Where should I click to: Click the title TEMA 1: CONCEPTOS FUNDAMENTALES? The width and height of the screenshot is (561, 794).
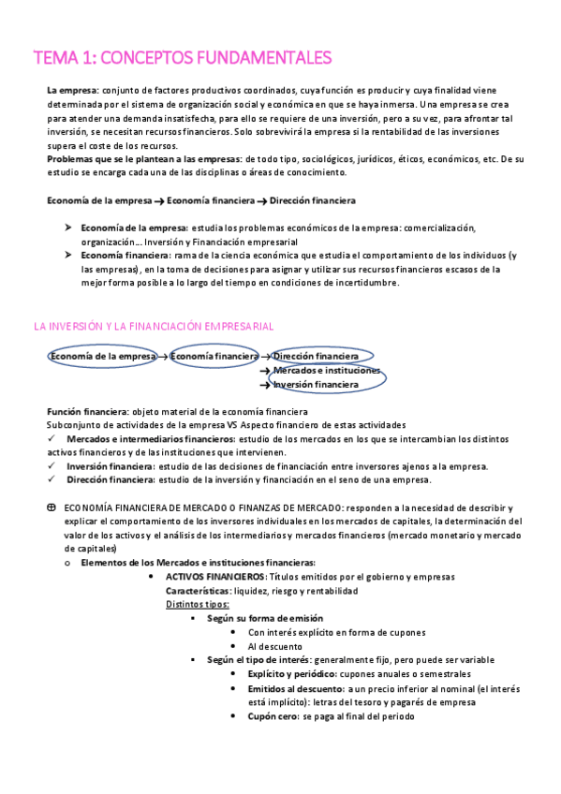183,58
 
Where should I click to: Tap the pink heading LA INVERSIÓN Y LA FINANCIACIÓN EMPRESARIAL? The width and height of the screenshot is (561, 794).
154,326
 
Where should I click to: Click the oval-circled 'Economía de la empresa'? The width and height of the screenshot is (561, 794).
102,357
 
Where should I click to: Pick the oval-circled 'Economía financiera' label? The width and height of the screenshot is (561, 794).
214,357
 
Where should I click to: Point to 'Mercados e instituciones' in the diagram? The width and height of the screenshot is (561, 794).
327,371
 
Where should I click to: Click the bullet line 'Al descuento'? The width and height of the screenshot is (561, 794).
274,646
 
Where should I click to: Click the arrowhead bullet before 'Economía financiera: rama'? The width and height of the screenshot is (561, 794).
68,255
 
